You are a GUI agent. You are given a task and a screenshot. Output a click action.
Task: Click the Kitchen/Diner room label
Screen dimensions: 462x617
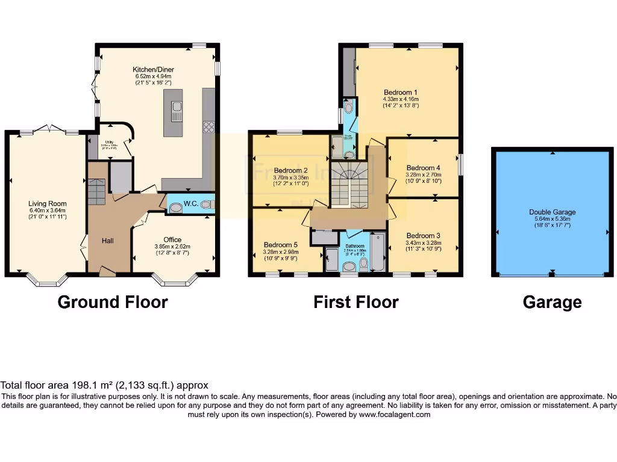point(152,69)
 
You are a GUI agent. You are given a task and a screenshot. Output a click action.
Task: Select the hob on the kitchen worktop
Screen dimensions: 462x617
point(209,127)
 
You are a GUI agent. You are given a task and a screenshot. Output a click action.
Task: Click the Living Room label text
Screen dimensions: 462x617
point(47,204)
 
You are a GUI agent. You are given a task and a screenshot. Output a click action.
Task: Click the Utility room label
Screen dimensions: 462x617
point(109,141)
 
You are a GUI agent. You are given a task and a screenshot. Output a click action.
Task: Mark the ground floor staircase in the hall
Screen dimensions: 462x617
point(96,191)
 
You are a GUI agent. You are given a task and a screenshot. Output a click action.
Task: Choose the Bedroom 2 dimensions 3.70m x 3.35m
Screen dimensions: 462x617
point(290,177)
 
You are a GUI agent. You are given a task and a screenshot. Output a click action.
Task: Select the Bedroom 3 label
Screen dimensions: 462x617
point(419,235)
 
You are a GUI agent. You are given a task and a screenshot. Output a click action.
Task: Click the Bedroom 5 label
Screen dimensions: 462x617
point(280,245)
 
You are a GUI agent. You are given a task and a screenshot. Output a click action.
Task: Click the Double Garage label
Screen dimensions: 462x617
point(553,212)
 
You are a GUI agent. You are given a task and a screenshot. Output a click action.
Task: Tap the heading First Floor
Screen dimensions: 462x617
point(355,302)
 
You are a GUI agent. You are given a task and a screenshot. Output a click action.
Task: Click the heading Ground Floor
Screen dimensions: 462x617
point(112,302)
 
